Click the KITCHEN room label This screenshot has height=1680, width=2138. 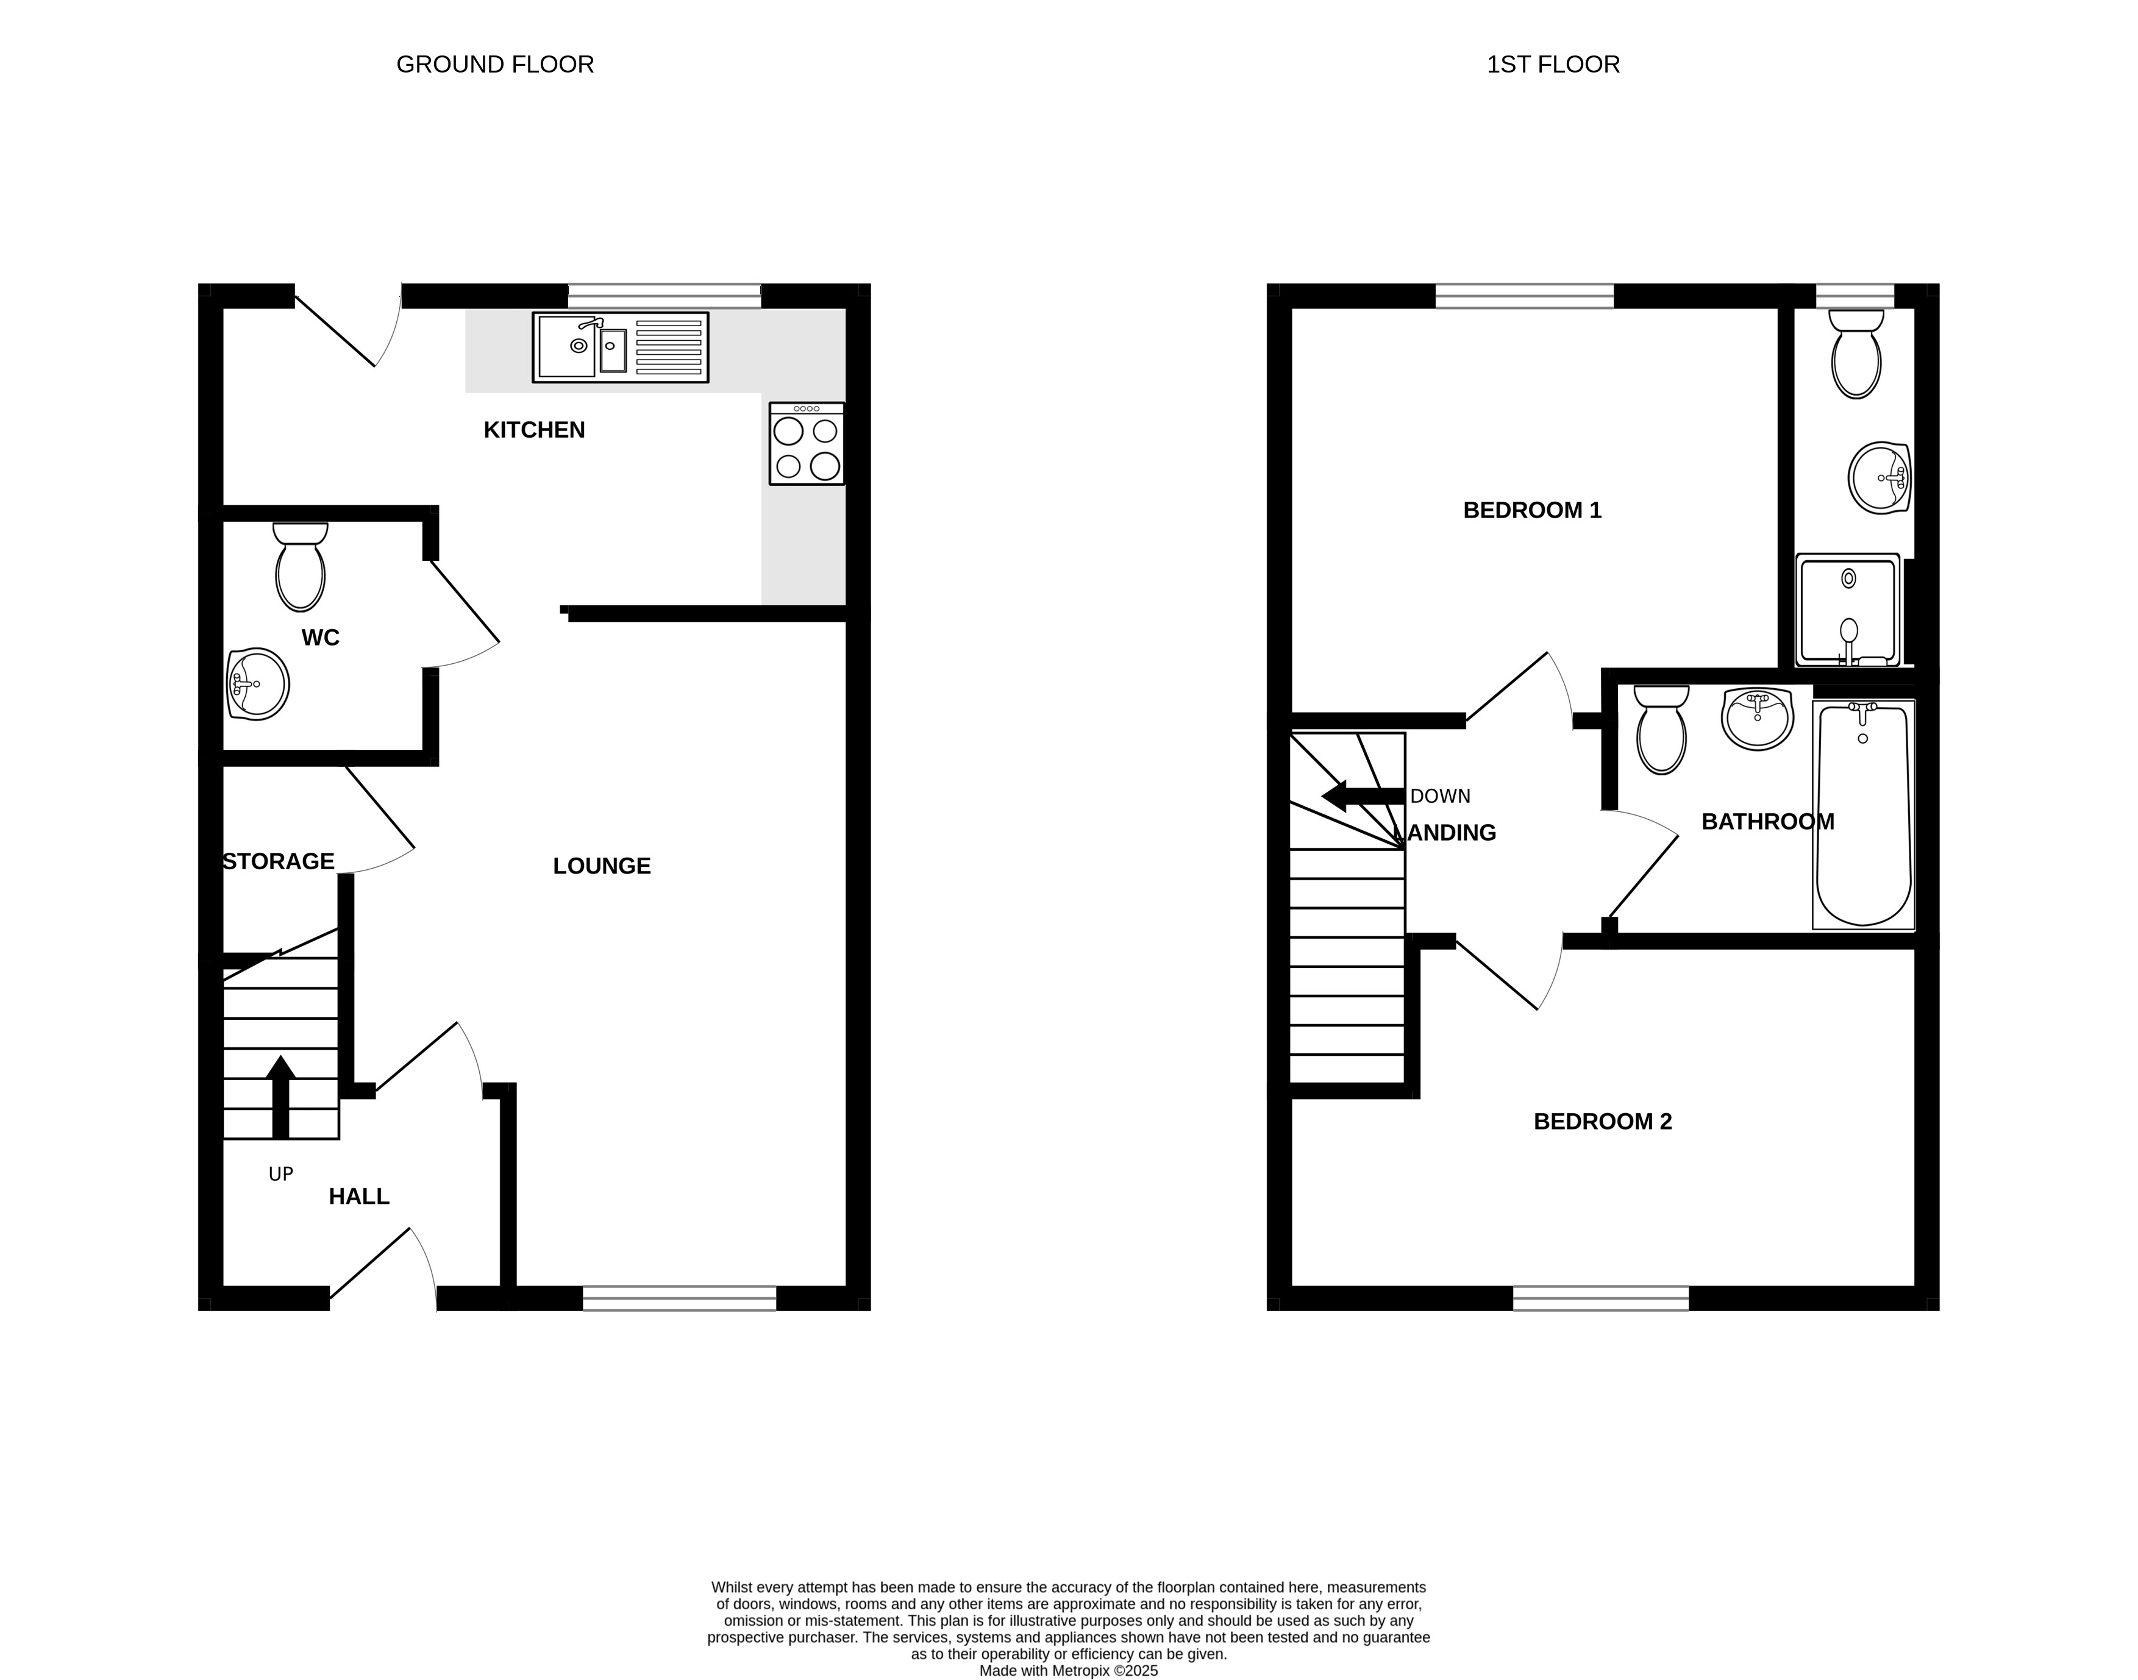click(534, 430)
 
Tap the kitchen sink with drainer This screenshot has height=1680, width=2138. click(621, 347)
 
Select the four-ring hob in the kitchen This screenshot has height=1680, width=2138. click(807, 444)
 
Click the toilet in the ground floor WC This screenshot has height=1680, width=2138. click(300, 566)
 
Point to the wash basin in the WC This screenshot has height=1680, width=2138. click(258, 683)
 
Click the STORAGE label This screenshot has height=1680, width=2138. click(279, 861)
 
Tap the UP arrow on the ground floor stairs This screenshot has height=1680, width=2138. click(281, 1097)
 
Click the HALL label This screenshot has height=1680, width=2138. click(359, 1196)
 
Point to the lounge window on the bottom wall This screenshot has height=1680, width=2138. click(680, 1298)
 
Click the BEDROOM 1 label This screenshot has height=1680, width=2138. click(1532, 510)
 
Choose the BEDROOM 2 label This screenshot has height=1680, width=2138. click(1603, 1121)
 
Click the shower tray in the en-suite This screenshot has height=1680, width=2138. click(1848, 610)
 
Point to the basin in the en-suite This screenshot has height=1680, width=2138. click(1880, 478)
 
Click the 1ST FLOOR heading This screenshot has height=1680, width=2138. click(1553, 65)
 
